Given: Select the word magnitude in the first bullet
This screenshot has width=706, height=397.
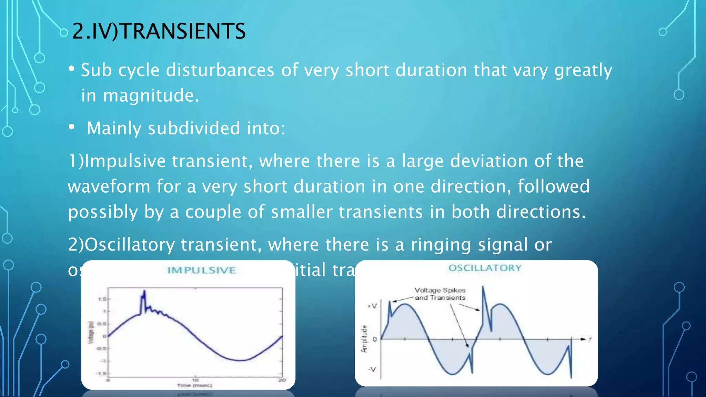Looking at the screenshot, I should [x=150, y=95].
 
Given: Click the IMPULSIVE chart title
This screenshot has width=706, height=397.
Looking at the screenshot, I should [x=201, y=270].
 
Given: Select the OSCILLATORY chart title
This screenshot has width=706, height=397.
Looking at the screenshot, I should [x=485, y=268].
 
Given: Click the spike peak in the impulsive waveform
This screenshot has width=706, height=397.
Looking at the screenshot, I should [x=144, y=292].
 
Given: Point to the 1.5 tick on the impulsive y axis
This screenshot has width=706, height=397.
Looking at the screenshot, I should [x=102, y=299].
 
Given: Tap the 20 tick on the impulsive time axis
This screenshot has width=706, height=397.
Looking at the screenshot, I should [x=282, y=380].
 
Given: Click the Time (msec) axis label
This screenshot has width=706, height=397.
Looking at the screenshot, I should [x=194, y=385].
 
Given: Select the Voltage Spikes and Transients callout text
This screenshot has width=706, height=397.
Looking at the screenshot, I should [x=440, y=294].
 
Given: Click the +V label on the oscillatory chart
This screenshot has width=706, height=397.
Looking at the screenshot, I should [x=372, y=306].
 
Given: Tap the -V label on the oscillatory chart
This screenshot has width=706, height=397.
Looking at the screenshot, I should [x=372, y=369].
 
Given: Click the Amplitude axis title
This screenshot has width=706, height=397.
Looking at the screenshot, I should [x=364, y=339].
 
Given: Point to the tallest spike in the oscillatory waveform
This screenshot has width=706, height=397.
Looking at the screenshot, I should [x=483, y=287].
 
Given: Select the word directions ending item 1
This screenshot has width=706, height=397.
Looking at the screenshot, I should [x=541, y=212].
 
